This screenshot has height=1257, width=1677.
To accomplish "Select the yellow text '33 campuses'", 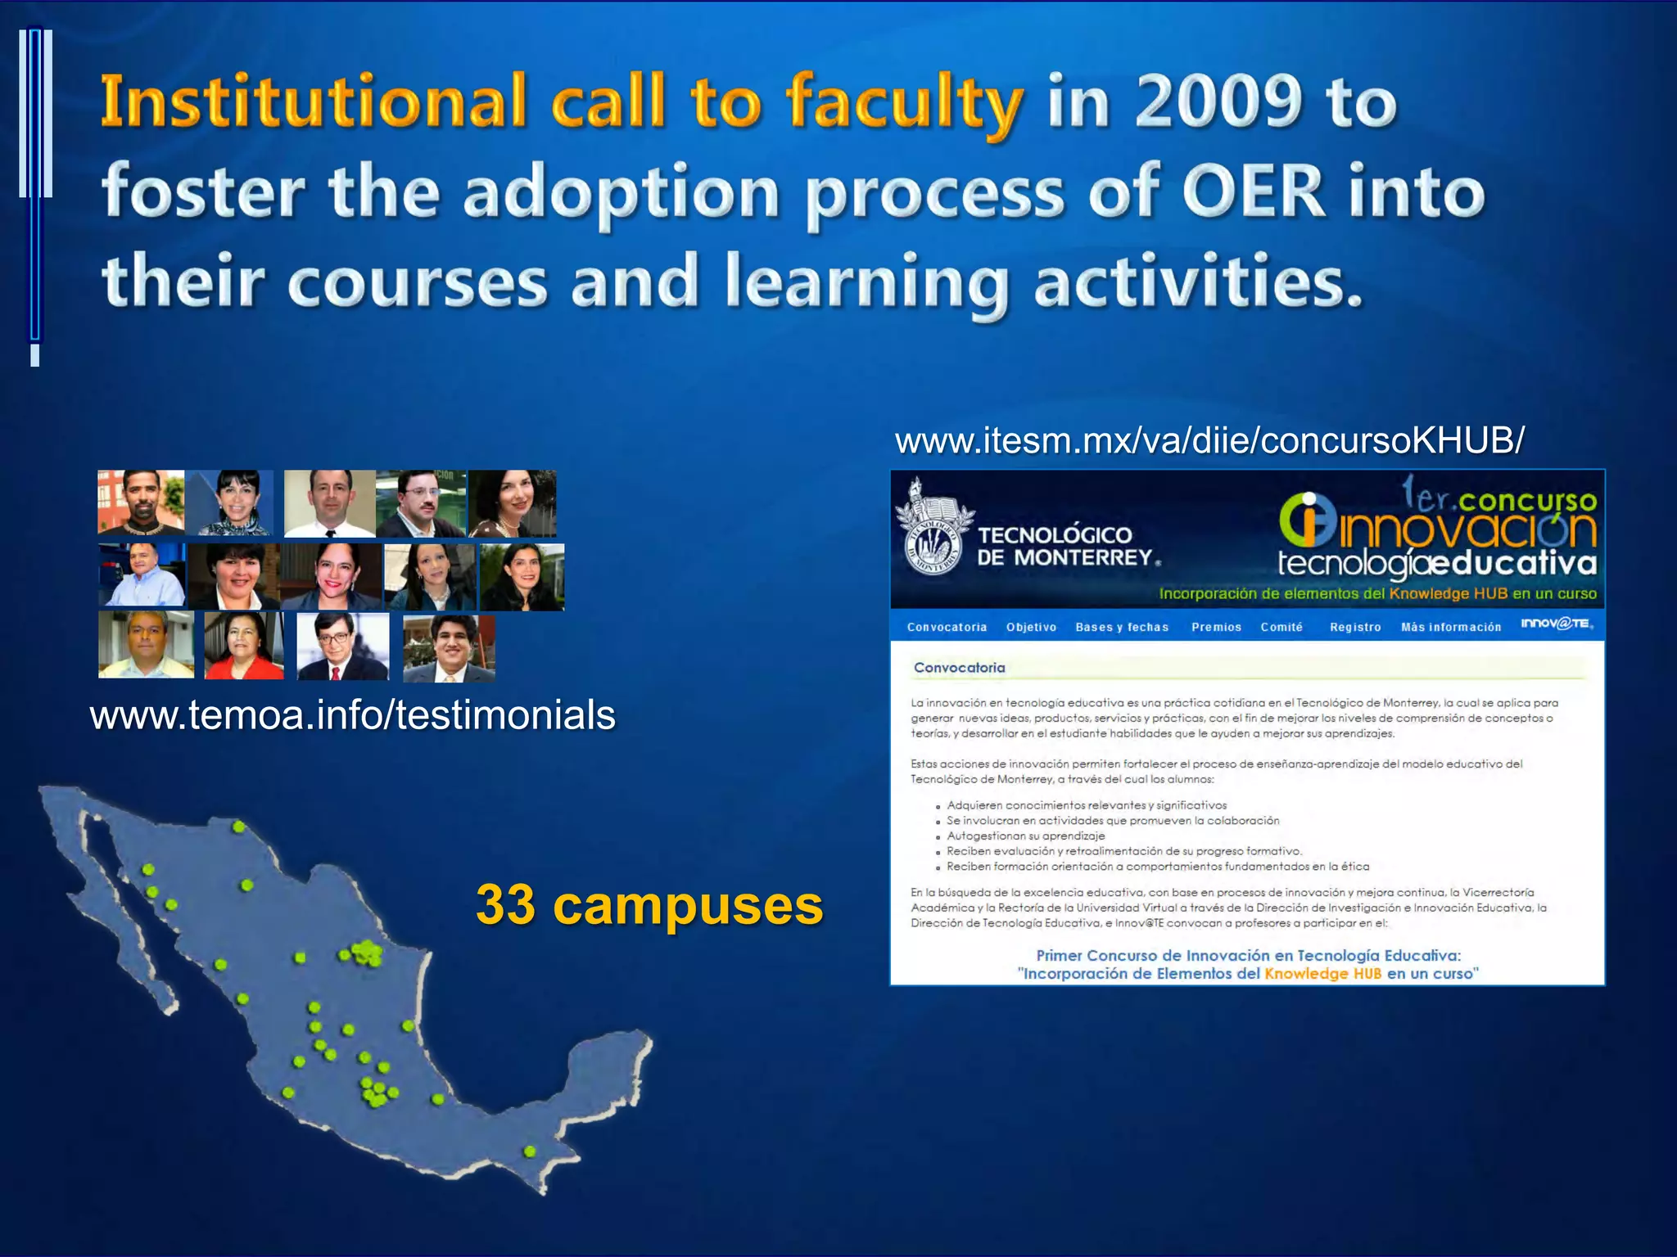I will (649, 905).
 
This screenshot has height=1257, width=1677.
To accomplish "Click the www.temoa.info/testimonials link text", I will (352, 714).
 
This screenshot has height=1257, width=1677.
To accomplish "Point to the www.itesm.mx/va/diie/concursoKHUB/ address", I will (1209, 440).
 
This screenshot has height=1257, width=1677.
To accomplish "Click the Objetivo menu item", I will (1031, 628).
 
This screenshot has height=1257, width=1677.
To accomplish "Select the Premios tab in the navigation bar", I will (1216, 628).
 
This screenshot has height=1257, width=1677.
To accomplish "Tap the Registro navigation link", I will (1355, 628).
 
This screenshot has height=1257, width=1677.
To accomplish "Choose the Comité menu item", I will (1281, 628).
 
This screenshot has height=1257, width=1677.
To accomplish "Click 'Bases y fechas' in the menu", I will (1122, 628).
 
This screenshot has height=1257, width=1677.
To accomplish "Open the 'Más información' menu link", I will (1451, 628).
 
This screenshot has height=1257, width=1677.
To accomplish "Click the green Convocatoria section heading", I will (959, 668).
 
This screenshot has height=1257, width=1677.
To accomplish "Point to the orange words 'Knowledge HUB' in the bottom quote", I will (1322, 974).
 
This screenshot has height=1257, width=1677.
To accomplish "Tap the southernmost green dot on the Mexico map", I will (530, 1151).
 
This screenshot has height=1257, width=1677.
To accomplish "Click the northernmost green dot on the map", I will (238, 827).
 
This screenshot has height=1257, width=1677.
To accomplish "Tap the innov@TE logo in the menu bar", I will (1556, 624).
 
